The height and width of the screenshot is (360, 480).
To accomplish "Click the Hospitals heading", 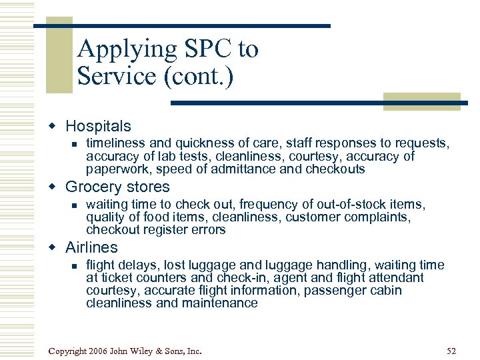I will (98, 126).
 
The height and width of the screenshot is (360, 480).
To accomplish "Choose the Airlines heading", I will (91, 247).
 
